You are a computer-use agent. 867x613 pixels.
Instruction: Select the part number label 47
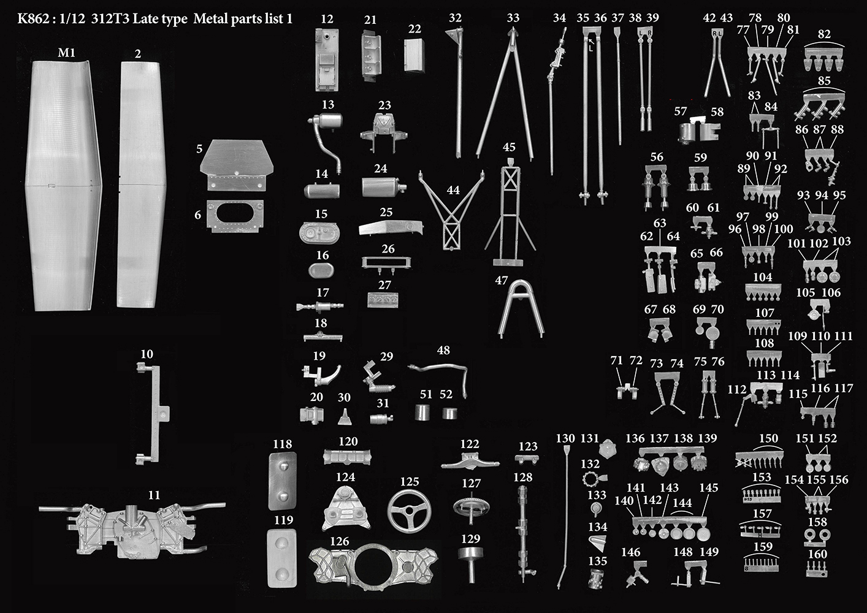point(501,280)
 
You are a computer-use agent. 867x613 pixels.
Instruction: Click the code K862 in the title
point(32,18)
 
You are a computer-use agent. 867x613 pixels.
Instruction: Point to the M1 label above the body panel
point(66,52)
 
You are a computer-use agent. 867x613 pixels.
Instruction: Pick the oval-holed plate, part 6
point(235,216)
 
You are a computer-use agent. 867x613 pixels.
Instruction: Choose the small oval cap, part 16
point(321,270)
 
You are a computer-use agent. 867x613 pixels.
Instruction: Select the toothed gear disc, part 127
point(471,506)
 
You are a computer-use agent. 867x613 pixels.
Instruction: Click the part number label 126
point(340,541)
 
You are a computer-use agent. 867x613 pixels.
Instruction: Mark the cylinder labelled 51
point(422,412)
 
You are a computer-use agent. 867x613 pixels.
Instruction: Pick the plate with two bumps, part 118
point(283,481)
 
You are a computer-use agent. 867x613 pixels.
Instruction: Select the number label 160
point(817,554)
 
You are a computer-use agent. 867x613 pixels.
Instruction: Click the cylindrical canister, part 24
point(383,187)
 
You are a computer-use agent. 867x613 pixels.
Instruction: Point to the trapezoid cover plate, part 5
point(236,164)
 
